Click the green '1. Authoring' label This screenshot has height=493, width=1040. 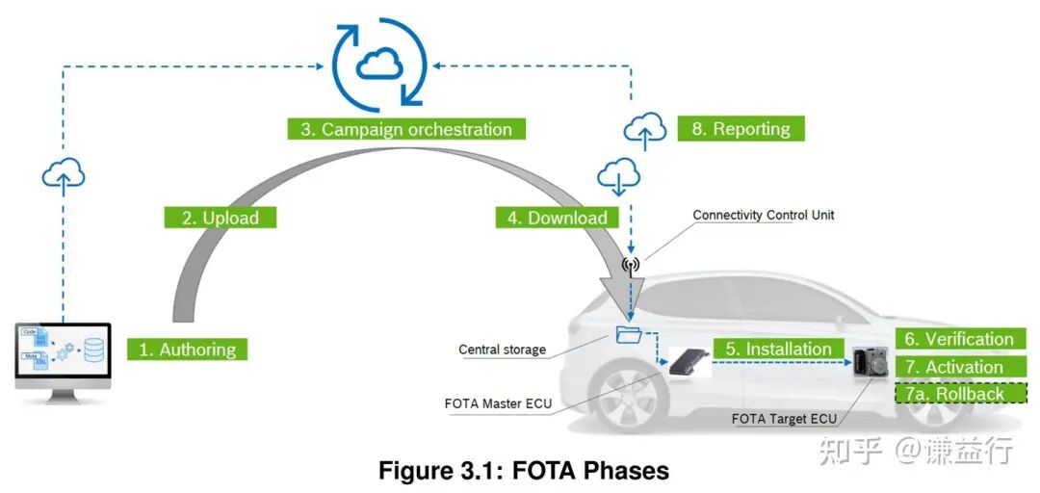(187, 349)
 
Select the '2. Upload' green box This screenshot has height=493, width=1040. (221, 218)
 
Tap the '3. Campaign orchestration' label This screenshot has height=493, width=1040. (405, 129)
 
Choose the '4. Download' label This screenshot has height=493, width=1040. (558, 218)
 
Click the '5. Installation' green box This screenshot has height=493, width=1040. (777, 349)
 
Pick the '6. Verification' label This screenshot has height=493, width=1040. (959, 339)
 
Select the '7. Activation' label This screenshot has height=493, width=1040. (959, 367)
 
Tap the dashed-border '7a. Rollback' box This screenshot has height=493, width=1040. (959, 394)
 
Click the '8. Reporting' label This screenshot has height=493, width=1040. (741, 129)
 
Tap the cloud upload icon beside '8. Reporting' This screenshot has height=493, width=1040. (645, 129)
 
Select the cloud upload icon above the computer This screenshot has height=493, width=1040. (64, 174)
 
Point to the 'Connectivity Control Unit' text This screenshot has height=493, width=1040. (763, 215)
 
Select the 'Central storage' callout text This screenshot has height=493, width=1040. (502, 350)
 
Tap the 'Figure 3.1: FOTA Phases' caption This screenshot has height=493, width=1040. (523, 471)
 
